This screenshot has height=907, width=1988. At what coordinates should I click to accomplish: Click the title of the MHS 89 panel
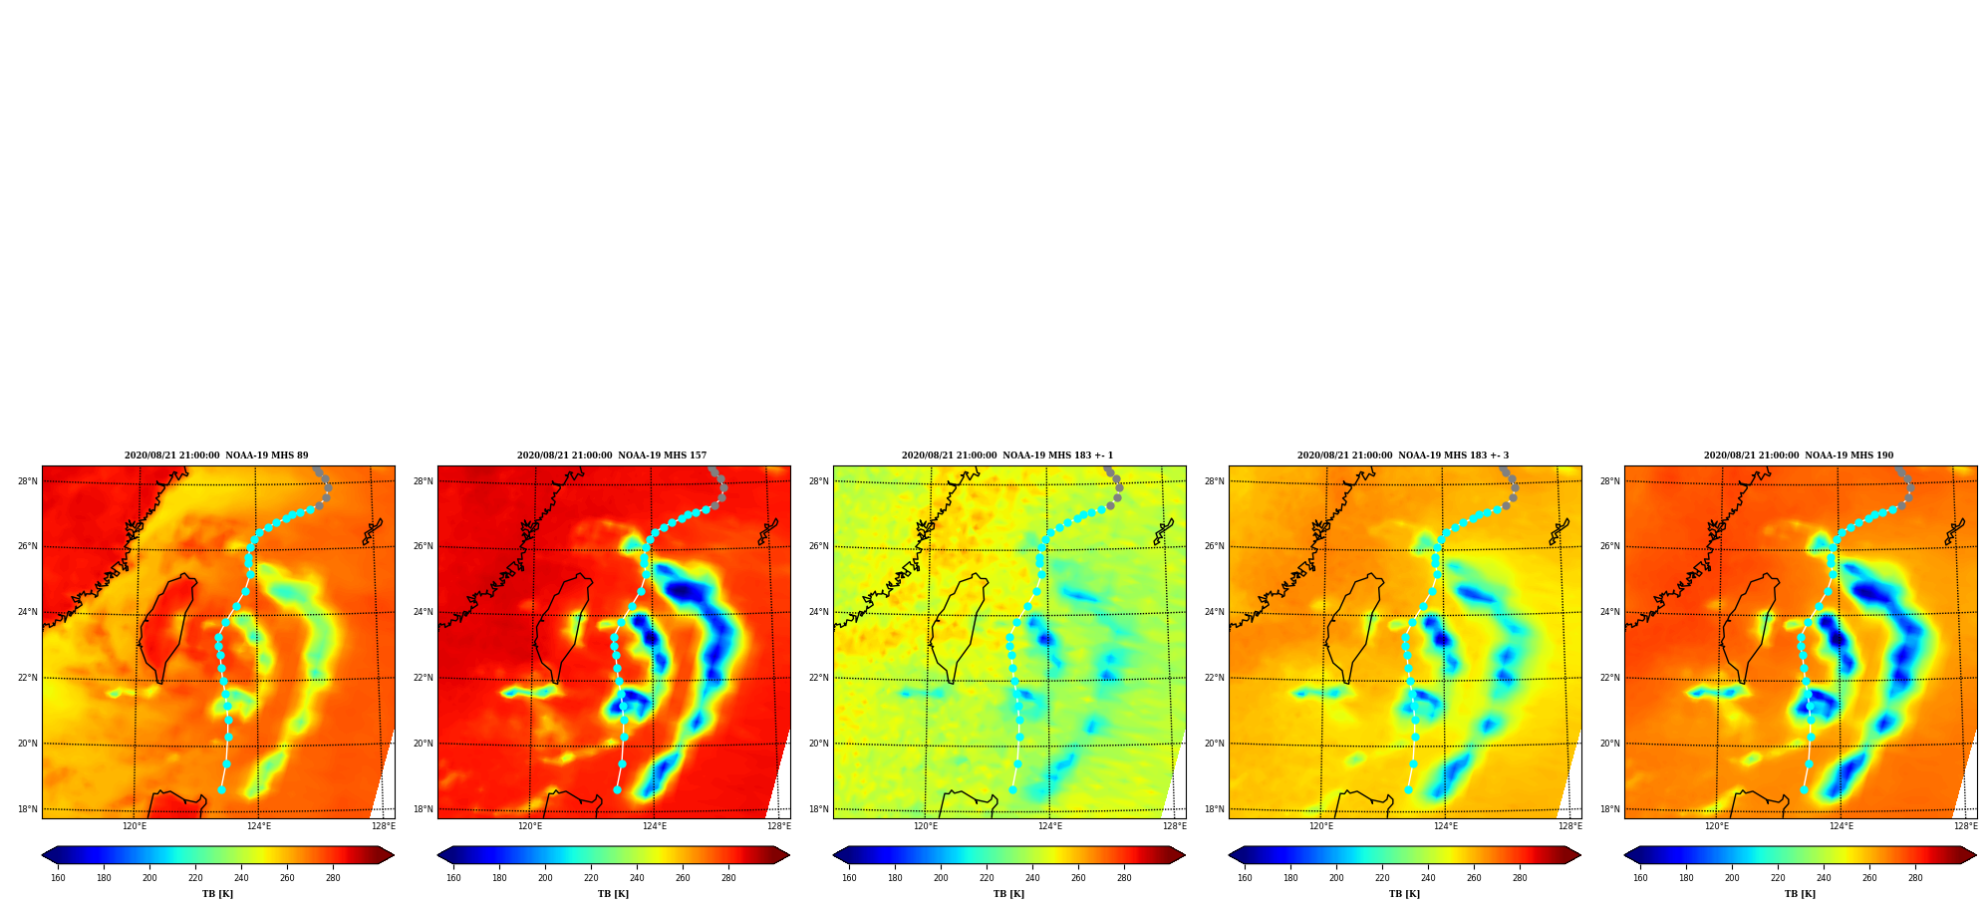tap(216, 455)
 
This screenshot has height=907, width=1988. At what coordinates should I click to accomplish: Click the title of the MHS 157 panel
tap(612, 455)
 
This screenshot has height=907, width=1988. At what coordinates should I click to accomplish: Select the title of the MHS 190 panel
tap(1799, 455)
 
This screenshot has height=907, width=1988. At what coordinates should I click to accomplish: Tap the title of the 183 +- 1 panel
tap(1007, 455)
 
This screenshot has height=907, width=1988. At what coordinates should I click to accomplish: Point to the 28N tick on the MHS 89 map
tap(28, 481)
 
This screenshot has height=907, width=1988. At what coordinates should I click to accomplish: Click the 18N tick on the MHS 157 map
tap(424, 809)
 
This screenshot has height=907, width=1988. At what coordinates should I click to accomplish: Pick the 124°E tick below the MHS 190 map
tap(1842, 826)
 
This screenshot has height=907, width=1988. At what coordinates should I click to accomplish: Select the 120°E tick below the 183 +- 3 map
tap(1321, 826)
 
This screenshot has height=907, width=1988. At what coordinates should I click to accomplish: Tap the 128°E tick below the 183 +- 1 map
tap(1175, 826)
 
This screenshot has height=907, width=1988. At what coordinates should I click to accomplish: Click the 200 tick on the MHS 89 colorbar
tap(149, 878)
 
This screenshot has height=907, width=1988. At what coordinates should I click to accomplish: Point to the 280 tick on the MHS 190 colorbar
tap(1915, 878)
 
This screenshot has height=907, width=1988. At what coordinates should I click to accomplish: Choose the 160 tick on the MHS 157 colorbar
tap(453, 878)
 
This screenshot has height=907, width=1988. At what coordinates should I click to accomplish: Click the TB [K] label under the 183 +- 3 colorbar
tap(1405, 894)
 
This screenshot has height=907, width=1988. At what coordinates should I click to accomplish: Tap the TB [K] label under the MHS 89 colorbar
tap(218, 894)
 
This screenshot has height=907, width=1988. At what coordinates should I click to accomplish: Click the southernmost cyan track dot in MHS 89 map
tap(221, 789)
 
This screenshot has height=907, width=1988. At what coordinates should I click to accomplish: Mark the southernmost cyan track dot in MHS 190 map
tap(1804, 789)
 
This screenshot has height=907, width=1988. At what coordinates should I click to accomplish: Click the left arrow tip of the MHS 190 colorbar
tap(1625, 855)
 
